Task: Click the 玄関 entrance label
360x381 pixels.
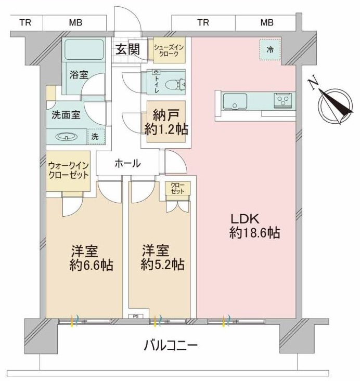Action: [x=127, y=49]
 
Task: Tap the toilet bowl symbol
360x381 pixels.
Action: [x=175, y=85]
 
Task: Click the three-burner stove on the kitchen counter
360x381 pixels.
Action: [x=283, y=100]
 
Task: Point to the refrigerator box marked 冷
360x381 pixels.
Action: [x=270, y=50]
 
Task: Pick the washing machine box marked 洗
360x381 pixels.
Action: [x=96, y=137]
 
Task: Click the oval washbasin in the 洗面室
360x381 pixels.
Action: [x=67, y=137]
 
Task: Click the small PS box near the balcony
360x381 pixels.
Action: [x=136, y=316]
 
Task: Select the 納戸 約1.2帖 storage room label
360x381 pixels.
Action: [x=166, y=122]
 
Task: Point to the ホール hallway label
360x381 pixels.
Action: [x=127, y=163]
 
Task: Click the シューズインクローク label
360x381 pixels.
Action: [x=169, y=50]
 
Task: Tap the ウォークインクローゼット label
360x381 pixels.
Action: [x=68, y=170]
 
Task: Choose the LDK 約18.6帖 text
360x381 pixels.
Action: [x=254, y=226]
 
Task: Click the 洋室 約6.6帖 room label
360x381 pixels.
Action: [x=91, y=258]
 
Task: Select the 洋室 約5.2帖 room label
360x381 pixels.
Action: [x=162, y=258]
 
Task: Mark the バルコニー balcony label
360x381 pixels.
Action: [x=170, y=345]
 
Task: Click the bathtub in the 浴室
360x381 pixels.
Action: [x=84, y=49]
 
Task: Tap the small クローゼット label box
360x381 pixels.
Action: [x=177, y=188]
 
